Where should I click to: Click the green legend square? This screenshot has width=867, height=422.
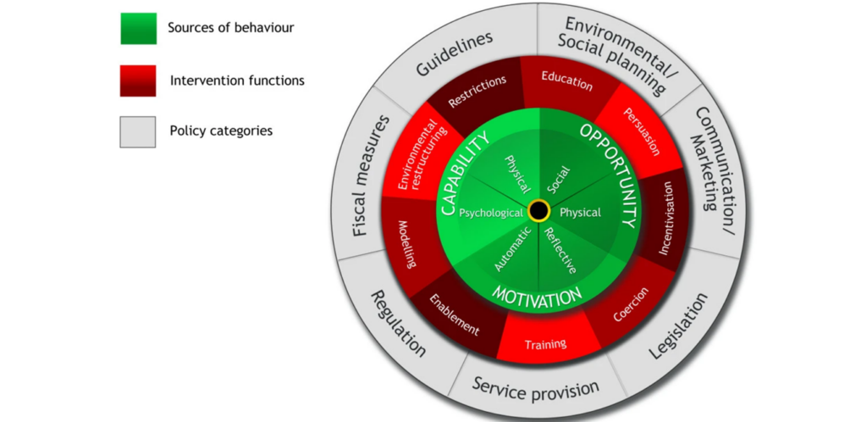138,29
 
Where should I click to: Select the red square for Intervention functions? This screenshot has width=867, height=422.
138,81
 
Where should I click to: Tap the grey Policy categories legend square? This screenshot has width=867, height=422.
138,131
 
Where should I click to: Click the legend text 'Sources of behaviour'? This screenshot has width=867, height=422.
230,28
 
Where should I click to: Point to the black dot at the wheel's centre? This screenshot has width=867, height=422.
538,211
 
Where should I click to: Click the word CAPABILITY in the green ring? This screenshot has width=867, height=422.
463,175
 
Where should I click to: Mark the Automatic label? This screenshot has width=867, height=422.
514,251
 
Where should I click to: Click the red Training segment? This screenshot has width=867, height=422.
545,345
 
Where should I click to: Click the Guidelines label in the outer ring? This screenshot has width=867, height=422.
455,56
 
